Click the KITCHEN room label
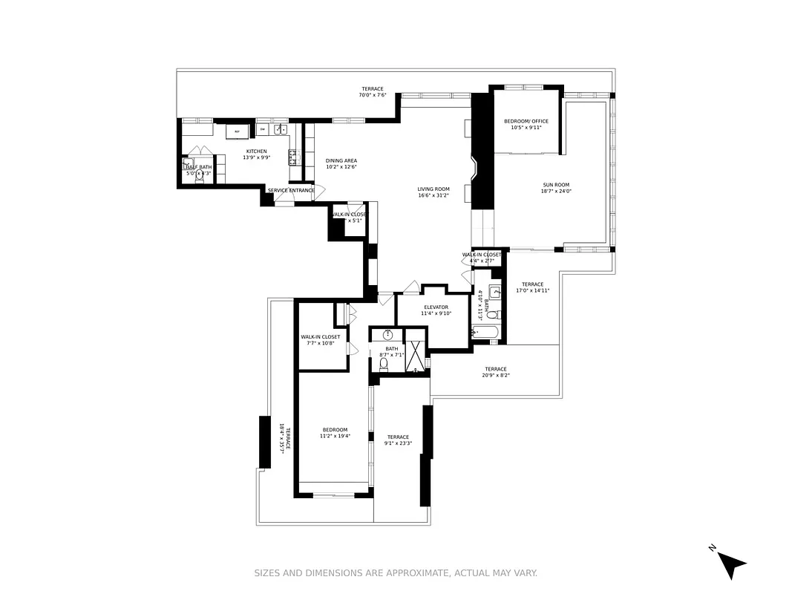[257, 151]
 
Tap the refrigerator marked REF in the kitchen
[238, 131]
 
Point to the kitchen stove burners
[293, 156]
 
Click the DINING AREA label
[341, 160]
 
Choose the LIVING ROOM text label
[433, 189]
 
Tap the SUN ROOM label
[556, 185]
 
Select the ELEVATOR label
[436, 307]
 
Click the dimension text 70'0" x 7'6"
[373, 95]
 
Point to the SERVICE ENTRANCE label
[291, 191]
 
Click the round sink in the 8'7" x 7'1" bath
[387, 335]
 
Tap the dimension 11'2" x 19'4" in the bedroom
[335, 436]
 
